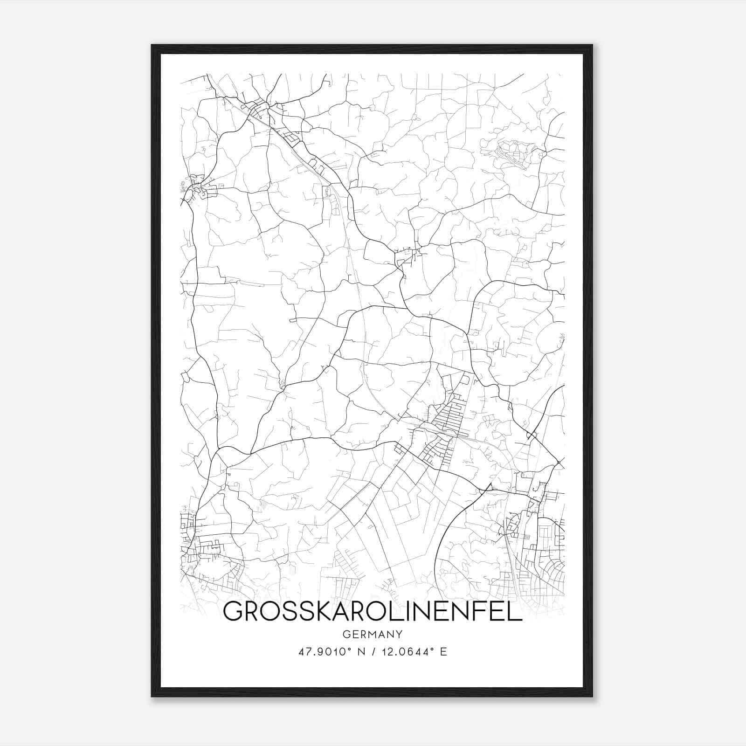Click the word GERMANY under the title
tap(373, 634)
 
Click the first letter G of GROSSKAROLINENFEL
tap(233, 611)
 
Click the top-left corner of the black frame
tap(152, 45)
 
